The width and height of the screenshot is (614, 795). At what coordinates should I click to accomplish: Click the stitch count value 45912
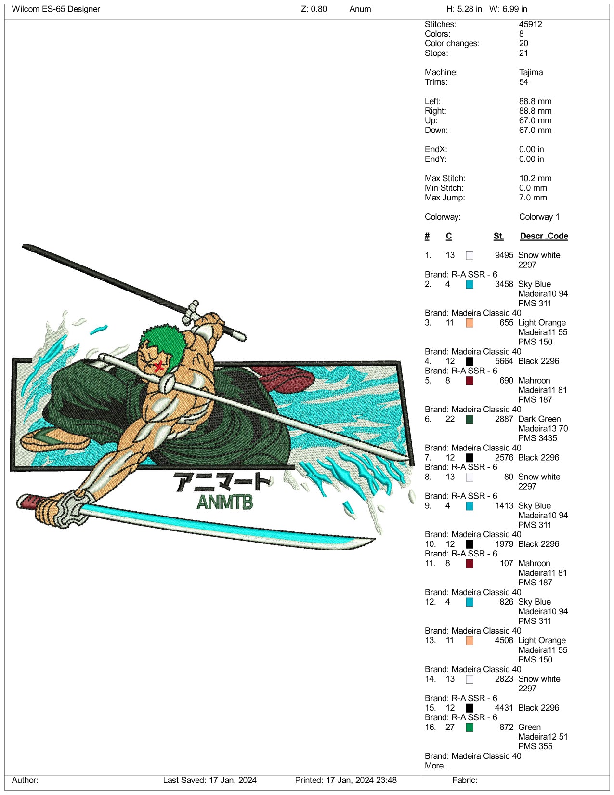pyautogui.click(x=530, y=24)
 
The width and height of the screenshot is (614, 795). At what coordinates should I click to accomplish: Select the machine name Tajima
pyautogui.click(x=531, y=72)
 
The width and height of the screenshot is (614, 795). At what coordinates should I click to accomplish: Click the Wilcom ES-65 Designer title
pyautogui.click(x=56, y=9)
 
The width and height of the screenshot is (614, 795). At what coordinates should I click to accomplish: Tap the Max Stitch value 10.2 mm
pyautogui.click(x=535, y=178)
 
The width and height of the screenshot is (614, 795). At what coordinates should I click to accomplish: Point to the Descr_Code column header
pyautogui.click(x=544, y=236)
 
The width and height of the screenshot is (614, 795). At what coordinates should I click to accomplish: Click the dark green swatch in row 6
pyautogui.click(x=470, y=419)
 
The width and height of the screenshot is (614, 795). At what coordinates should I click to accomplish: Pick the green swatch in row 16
pyautogui.click(x=470, y=728)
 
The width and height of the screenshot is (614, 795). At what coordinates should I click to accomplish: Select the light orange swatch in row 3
pyautogui.click(x=470, y=323)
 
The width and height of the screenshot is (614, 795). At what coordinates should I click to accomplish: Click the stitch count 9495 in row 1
pyautogui.click(x=504, y=255)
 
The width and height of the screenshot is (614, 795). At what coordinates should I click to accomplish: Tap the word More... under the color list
pyautogui.click(x=437, y=766)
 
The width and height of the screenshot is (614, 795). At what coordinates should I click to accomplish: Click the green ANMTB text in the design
pyautogui.click(x=225, y=502)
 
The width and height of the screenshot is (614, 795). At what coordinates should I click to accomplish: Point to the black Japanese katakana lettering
pyautogui.click(x=222, y=481)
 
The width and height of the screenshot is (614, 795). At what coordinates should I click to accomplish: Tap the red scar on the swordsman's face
pyautogui.click(x=158, y=366)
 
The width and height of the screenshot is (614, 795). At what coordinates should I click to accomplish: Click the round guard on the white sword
pyautogui.click(x=167, y=383)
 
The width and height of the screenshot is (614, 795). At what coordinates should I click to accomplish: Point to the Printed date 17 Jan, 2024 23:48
pyautogui.click(x=346, y=780)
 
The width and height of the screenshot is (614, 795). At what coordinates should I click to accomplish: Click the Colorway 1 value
pyautogui.click(x=539, y=217)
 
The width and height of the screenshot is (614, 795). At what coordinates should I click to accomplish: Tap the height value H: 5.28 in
pyautogui.click(x=464, y=9)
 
